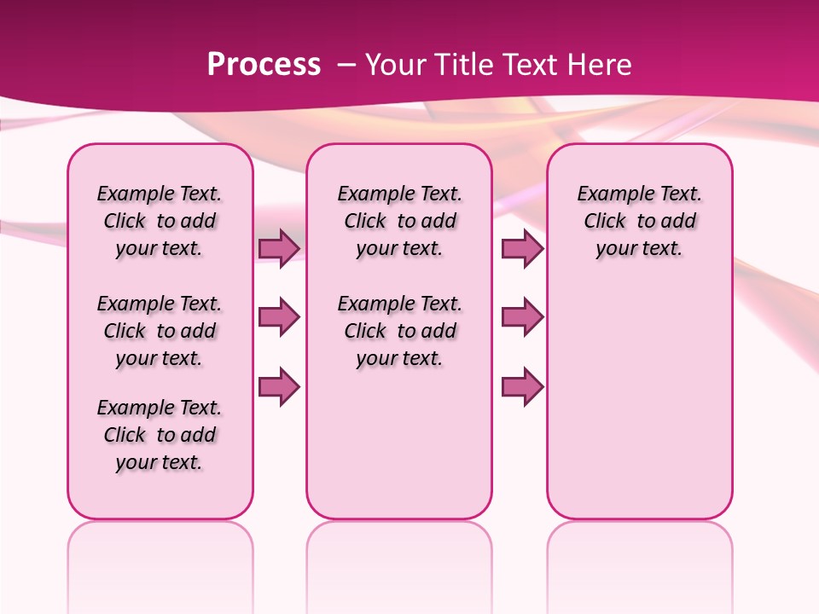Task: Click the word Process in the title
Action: [x=264, y=65]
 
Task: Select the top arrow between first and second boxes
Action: [x=279, y=248]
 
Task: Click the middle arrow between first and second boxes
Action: [x=279, y=317]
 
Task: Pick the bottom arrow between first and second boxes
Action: [x=279, y=387]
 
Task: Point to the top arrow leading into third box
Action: [x=522, y=248]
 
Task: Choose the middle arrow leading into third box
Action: [x=522, y=317]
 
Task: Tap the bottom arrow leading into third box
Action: [x=522, y=387]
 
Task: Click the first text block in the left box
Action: [x=160, y=221]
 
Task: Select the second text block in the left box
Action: [x=160, y=331]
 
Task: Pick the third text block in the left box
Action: [x=160, y=435]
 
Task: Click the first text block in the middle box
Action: [x=399, y=221]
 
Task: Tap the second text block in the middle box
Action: [x=399, y=331]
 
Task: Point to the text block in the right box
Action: [x=639, y=221]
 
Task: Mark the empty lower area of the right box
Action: [x=639, y=401]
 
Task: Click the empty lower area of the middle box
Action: [x=399, y=443]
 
